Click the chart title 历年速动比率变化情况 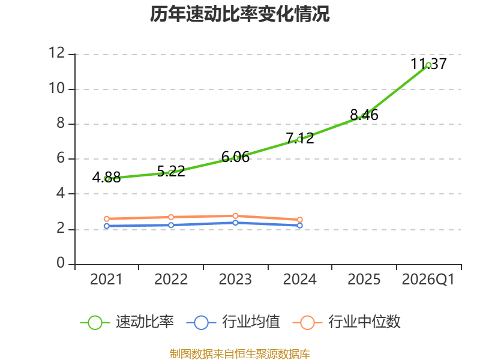239,14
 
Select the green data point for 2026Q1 428,65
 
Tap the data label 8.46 364,115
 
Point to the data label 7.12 300,138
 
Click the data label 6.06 235,157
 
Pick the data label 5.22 171,171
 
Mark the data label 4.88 107,177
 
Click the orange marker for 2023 235,216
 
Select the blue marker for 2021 107,226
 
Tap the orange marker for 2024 300,220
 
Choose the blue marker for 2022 171,225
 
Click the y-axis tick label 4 61,193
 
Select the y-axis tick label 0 61,263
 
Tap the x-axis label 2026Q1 428,280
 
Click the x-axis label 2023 235,280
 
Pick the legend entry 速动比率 127,322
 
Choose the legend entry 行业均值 233,322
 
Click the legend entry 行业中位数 347,322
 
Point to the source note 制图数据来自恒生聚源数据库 239,354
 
